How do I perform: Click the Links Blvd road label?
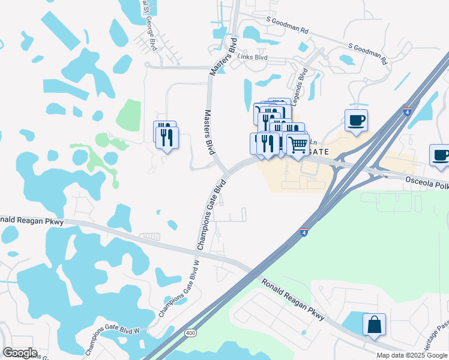(x=252, y=58)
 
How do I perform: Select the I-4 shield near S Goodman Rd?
(x=408, y=112)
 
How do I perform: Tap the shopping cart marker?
(x=298, y=144)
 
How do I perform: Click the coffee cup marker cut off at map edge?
(x=441, y=155)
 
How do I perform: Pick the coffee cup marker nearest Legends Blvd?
(x=356, y=120)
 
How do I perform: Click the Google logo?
(x=20, y=352)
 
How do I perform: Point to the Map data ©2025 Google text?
(x=411, y=355)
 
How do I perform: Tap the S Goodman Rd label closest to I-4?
(x=368, y=54)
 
